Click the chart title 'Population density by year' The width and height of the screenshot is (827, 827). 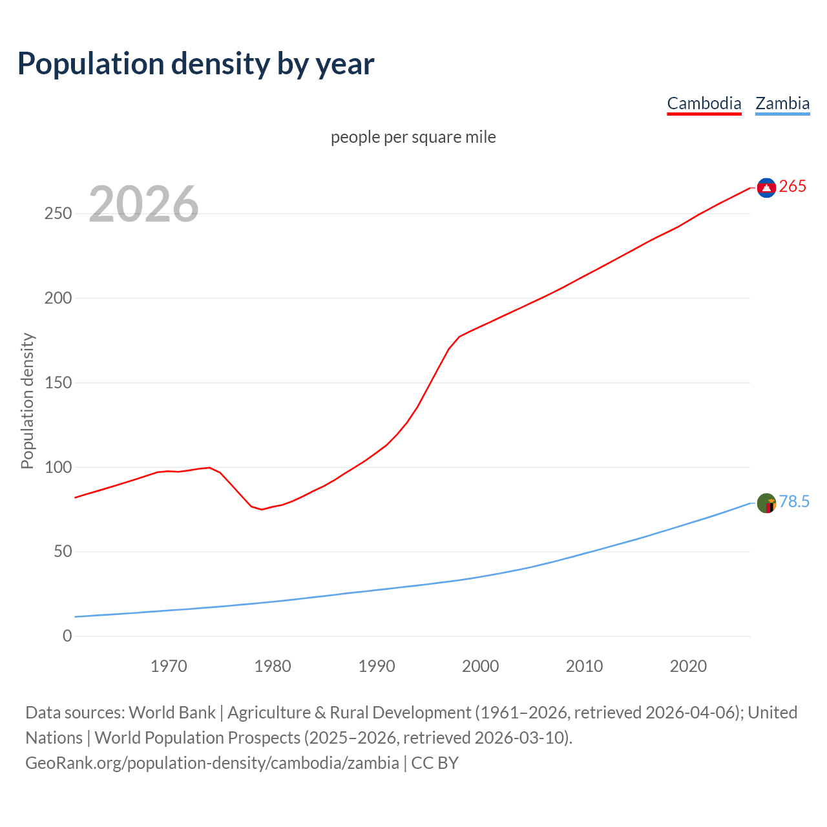(x=196, y=64)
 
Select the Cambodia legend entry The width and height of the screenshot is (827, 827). (x=704, y=103)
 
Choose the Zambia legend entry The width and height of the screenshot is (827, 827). (x=782, y=103)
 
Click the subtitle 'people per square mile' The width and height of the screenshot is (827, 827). (x=413, y=138)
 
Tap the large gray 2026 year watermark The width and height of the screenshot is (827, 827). (x=143, y=204)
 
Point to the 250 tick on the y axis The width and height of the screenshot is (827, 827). (x=58, y=214)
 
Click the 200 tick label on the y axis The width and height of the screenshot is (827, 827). (x=58, y=298)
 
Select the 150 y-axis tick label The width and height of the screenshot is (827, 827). (x=58, y=383)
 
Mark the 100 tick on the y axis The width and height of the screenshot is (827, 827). (x=58, y=467)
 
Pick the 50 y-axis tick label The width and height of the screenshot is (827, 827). (x=63, y=552)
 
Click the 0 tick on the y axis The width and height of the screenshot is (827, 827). (x=67, y=636)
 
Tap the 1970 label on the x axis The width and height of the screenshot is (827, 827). (x=169, y=666)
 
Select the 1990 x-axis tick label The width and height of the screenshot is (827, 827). (x=377, y=666)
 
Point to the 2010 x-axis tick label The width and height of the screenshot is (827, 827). (x=584, y=666)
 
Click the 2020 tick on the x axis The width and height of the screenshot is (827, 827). (x=688, y=666)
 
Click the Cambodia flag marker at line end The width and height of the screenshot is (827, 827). (x=766, y=187)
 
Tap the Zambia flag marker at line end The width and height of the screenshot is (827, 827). (x=766, y=503)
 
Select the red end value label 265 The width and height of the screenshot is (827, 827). (x=793, y=187)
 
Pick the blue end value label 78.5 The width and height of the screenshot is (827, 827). (x=794, y=502)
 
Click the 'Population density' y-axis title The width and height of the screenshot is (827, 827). (x=27, y=401)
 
